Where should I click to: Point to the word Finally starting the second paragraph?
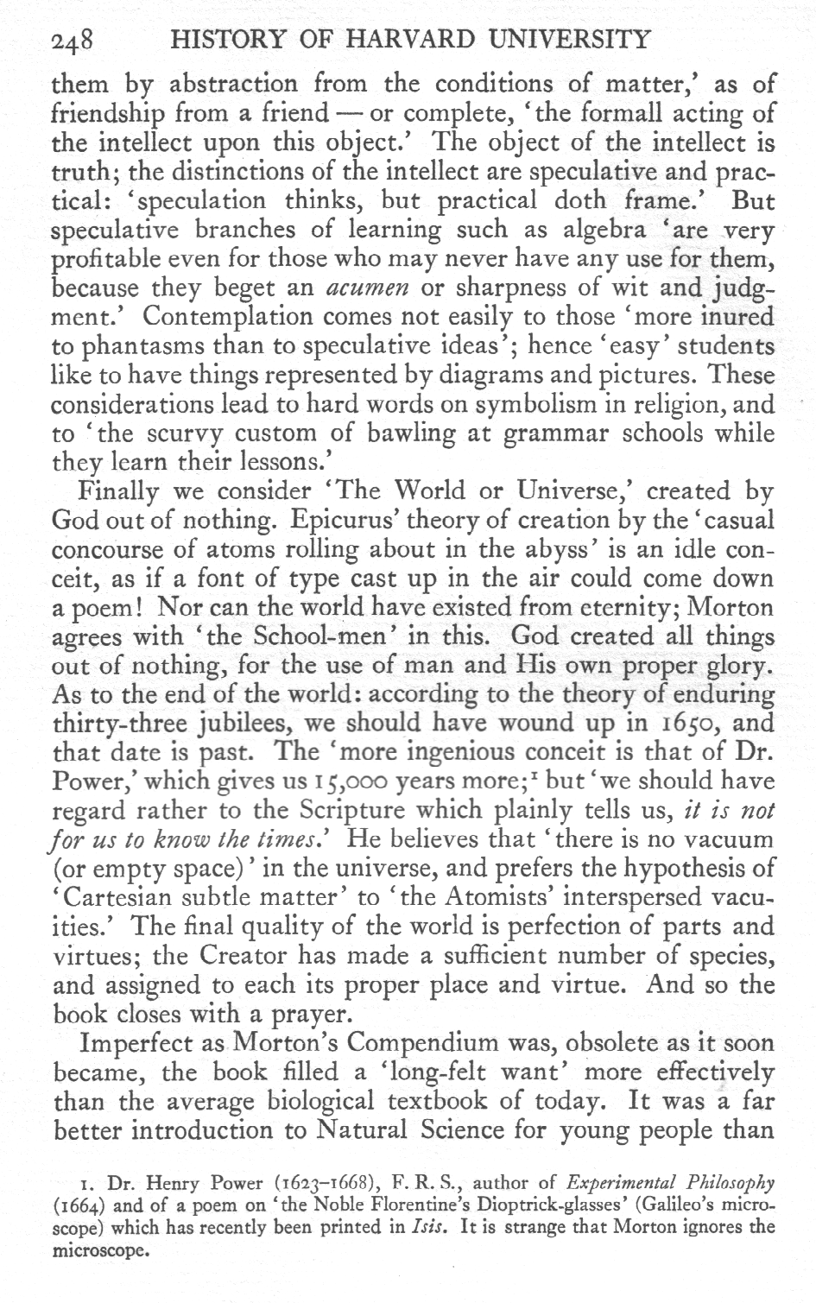(118, 491)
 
